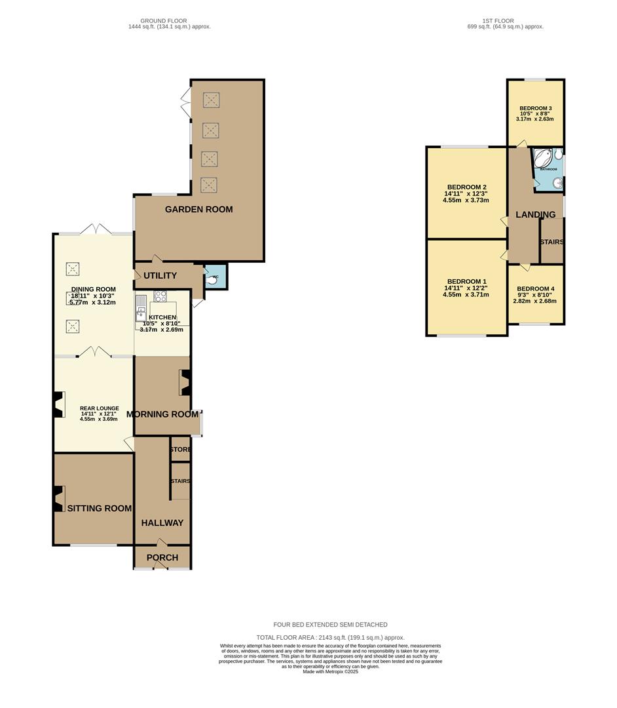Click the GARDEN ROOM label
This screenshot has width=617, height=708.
198,210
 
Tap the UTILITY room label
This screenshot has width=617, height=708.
160,276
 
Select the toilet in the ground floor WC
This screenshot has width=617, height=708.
212,278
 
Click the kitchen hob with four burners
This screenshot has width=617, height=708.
160,296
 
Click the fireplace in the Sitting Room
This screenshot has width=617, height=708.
59,499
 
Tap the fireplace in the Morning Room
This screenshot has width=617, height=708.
185,383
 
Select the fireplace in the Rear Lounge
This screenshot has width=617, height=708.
59,404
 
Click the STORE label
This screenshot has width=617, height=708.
180,450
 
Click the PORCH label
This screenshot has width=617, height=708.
162,558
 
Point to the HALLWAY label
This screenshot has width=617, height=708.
163,523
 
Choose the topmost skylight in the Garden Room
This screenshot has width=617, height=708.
210,100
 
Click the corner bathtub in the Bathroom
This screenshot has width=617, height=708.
543,159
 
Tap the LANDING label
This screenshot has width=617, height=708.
535,215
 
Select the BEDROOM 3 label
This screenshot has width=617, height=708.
536,108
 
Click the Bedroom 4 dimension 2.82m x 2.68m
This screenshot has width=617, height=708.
534,302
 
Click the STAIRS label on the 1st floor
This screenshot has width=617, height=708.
552,243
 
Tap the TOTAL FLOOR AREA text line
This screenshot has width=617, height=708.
330,637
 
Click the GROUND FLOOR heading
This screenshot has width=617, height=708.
169,21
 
